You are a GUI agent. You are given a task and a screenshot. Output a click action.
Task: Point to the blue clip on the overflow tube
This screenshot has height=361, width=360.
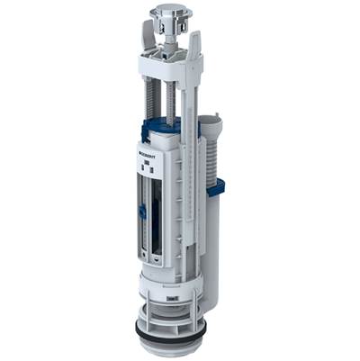click(x=215, y=187)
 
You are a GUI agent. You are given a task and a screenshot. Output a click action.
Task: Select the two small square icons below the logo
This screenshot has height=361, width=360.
click(x=149, y=167)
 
